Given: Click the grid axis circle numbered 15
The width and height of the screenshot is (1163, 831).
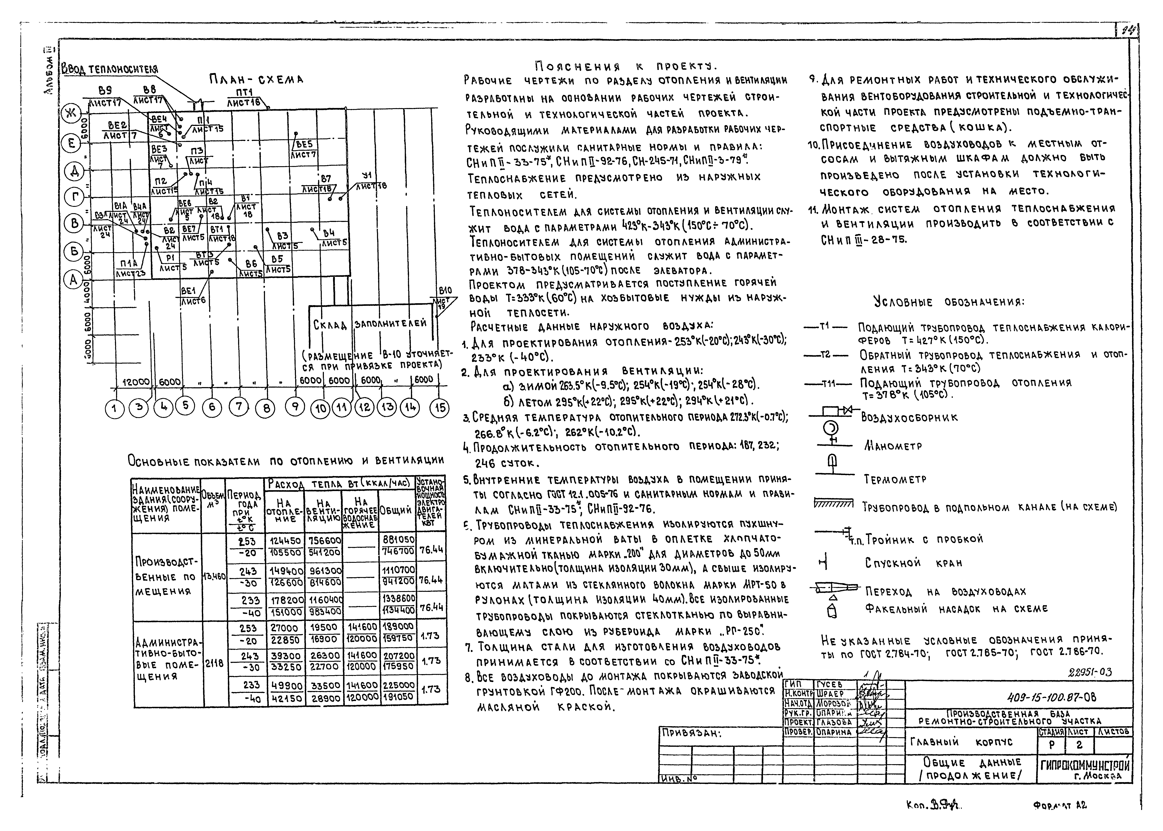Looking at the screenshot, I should coord(440,408).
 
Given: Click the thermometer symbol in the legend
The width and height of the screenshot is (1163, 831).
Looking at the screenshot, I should coord(832,464).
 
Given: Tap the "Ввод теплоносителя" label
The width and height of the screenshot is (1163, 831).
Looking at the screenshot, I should coord(110,69).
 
